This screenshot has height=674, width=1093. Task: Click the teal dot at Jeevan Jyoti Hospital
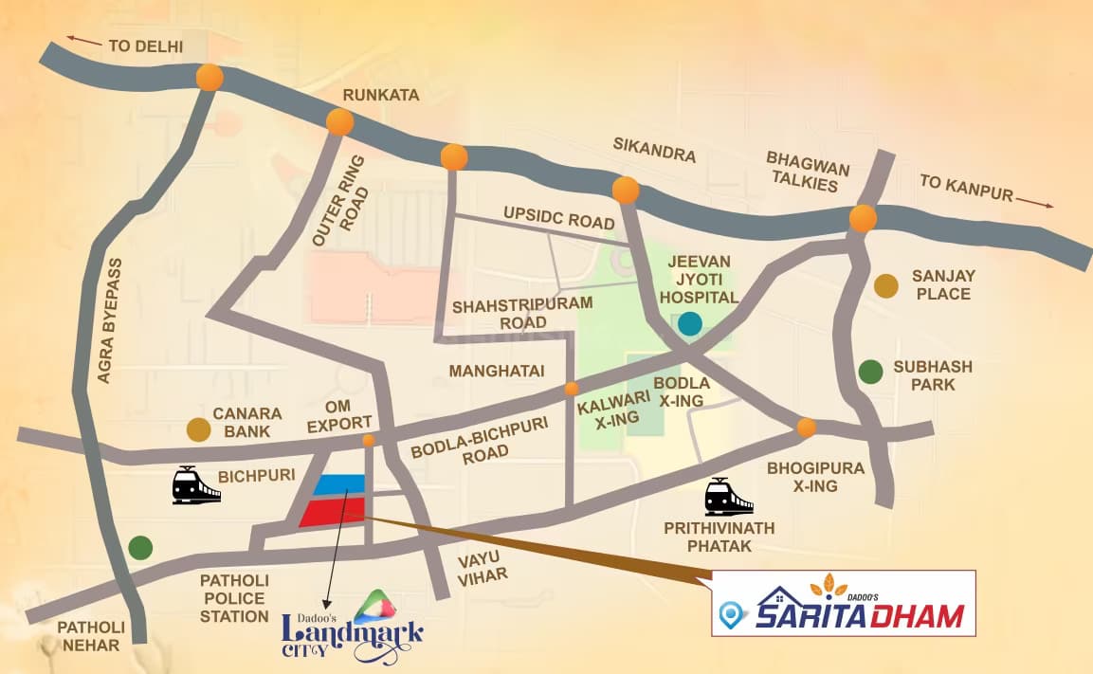(x=690, y=323)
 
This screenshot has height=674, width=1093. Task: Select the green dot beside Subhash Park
(x=870, y=372)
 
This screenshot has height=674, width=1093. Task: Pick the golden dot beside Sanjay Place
(x=885, y=284)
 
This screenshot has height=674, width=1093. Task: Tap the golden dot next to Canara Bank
(x=198, y=429)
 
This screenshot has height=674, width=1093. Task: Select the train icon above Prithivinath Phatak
(x=728, y=497)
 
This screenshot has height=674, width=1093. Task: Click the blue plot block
(x=338, y=484)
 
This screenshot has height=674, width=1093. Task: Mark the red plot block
(x=332, y=512)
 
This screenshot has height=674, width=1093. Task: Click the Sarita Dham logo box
(x=843, y=604)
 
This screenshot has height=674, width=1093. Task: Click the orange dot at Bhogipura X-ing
(x=807, y=428)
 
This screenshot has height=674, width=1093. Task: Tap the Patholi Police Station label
(x=234, y=597)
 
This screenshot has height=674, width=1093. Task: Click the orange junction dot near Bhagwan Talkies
(x=863, y=219)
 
